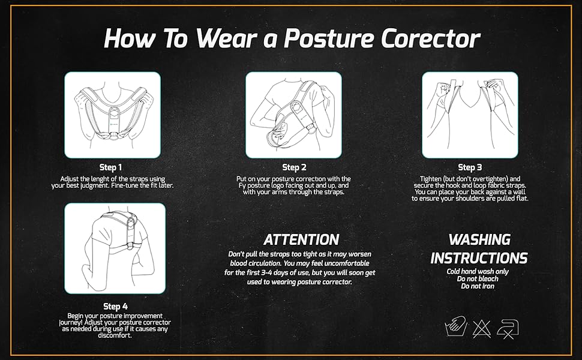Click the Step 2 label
tap(294, 167)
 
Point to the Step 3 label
tap(470, 167)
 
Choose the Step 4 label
tap(115, 307)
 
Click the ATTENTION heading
tap(302, 240)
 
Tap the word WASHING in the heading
tap(479, 240)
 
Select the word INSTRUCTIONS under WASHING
tap(479, 259)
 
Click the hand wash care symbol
tap(454, 328)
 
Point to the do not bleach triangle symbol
tap(481, 328)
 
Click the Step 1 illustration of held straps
tap(113, 115)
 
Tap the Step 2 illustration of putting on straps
tap(293, 115)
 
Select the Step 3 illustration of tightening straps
tap(470, 115)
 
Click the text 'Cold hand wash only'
tap(479, 272)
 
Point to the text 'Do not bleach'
tap(479, 279)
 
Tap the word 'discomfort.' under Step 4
tap(114, 335)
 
